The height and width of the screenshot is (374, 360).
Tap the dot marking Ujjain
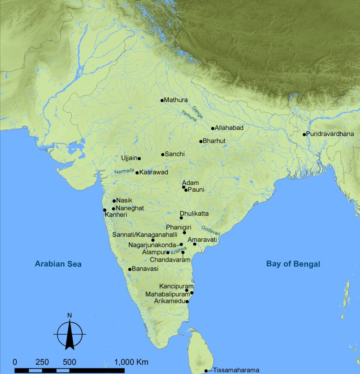[139, 158]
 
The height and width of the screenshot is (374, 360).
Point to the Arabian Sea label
[58, 264]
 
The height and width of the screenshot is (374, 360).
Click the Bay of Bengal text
[293, 264]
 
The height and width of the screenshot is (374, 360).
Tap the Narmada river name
[124, 171]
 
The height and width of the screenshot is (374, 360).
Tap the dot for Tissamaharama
[206, 370]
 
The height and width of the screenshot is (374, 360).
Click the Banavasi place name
[145, 269]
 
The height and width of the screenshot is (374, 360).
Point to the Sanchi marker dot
[162, 155]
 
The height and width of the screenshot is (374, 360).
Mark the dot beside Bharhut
[201, 141]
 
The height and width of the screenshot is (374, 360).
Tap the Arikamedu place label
[170, 302]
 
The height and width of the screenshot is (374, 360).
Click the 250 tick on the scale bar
[42, 362]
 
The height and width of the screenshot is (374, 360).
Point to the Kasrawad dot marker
[137, 173]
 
